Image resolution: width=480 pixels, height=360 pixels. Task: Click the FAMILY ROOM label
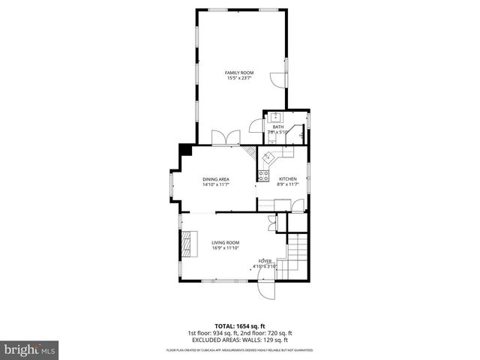pos(240,72)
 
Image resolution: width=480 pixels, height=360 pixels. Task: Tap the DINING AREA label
pos(215,179)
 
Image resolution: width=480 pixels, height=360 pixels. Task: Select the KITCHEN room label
pos(288,179)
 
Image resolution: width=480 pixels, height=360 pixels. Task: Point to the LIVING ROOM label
pos(225,242)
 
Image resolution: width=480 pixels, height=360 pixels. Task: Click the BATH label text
pos(278,127)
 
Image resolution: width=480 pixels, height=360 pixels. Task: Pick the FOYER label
pos(265,261)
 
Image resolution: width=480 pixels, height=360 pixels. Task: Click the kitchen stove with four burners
pos(264,176)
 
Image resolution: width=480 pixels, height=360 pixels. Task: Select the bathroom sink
pos(275,116)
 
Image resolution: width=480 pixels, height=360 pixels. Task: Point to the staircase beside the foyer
pos(296,255)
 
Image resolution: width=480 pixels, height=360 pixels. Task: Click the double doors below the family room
pos(225,138)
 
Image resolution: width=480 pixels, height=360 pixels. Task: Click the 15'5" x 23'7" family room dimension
pos(240,78)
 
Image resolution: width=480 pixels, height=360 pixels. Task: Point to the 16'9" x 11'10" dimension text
pos(225,248)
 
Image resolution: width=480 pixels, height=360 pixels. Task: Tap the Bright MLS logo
pos(30,349)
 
